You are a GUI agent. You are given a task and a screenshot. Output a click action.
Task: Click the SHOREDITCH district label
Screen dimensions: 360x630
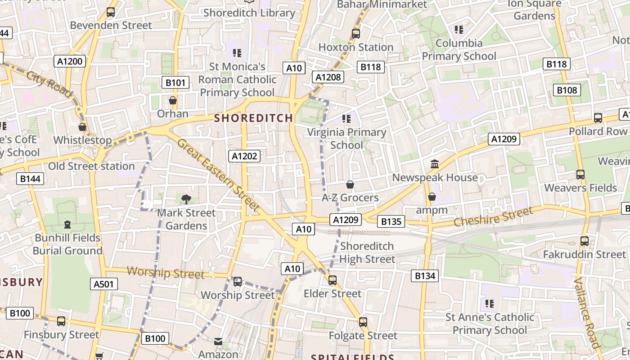point(253,118)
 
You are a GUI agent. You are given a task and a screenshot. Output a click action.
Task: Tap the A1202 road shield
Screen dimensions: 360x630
point(245,156)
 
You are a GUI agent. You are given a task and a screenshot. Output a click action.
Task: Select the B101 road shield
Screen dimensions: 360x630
point(175,82)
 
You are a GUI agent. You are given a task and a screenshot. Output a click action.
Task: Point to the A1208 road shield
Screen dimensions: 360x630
point(328,77)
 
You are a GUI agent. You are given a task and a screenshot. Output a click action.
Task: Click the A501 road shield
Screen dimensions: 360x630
point(104,284)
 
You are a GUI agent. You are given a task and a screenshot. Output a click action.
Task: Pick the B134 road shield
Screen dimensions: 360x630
point(424,276)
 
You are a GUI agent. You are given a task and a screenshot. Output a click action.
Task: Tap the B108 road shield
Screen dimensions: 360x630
point(567,90)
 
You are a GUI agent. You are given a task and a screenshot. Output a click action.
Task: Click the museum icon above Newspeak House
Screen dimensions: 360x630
point(435,164)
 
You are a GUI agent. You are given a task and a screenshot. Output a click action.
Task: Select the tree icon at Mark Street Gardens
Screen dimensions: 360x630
point(186,199)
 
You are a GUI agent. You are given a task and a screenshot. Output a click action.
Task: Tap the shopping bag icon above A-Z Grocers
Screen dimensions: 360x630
point(350,184)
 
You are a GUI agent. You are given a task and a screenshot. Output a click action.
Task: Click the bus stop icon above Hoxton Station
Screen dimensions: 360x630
point(356,33)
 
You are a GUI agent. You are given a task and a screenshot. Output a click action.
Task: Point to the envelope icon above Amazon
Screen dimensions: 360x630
point(218,342)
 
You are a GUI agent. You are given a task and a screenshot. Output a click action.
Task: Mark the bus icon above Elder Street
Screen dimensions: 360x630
point(333,280)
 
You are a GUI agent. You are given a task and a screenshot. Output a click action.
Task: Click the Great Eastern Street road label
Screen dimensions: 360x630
point(218,175)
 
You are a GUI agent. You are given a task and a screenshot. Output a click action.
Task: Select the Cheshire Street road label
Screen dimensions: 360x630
point(493,216)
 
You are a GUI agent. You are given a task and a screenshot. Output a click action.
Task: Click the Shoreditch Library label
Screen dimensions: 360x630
point(249,13)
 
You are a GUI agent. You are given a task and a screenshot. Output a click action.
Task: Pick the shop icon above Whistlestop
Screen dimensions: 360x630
point(82,127)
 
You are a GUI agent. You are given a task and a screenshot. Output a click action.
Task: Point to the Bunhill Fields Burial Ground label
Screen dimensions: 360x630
point(67,244)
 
